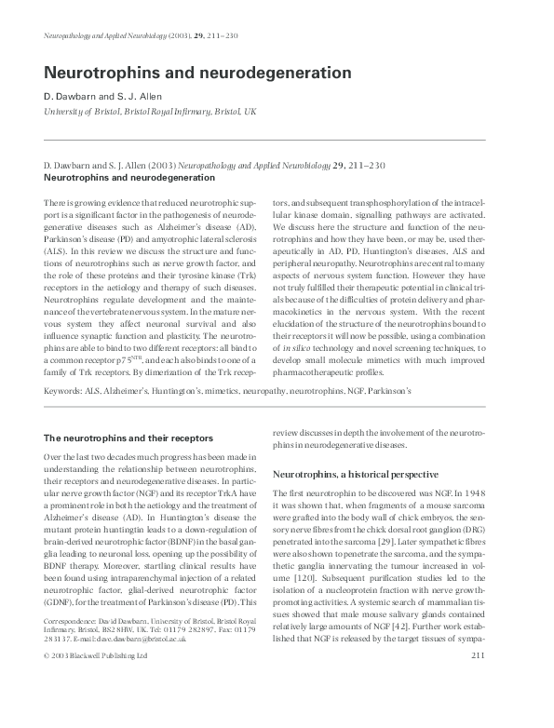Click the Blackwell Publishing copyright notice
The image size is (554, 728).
coord(95,708)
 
